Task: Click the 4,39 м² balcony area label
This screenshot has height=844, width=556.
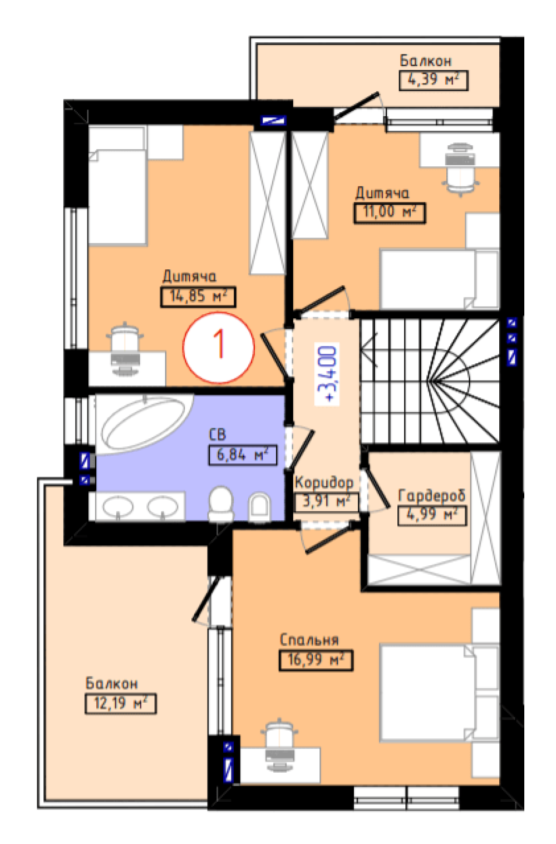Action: (433, 80)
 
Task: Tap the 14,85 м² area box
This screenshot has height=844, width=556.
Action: (198, 297)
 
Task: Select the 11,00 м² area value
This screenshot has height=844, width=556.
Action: (390, 213)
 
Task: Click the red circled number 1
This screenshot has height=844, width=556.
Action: (219, 348)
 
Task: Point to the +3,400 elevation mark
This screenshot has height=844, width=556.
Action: (327, 374)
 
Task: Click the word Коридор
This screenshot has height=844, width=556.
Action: (324, 483)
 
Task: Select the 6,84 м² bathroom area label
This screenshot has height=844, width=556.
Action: (242, 456)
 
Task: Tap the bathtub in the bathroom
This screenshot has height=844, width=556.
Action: (144, 423)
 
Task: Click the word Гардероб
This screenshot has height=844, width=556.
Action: (431, 496)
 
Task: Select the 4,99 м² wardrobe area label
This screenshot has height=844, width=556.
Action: (432, 515)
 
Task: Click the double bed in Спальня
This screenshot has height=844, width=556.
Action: (439, 694)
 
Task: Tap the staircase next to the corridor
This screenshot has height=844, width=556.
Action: (430, 381)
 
